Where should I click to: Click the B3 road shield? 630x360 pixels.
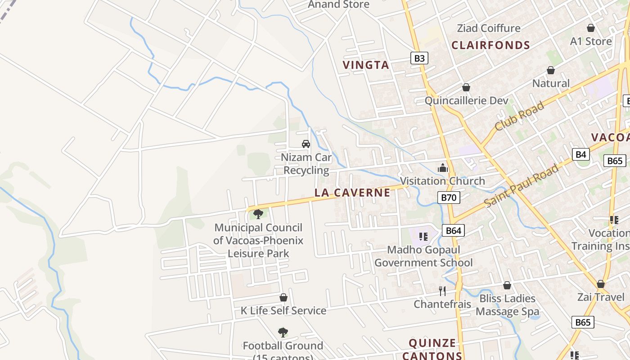pos(419,58)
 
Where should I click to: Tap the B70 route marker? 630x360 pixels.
pos(448,197)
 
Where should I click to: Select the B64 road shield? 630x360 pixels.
pos(453,231)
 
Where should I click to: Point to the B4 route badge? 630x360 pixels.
pos(581,154)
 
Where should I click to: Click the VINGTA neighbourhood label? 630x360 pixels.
pos(366,65)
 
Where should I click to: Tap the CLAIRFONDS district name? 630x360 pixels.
pos(490,45)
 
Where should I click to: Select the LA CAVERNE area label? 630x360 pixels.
pos(352,193)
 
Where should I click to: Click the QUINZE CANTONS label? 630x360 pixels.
pos(432,349)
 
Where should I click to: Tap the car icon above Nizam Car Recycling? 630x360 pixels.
pos(306,144)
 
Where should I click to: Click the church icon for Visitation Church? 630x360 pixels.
pos(443,168)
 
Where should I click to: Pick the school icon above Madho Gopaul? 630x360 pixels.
pos(423,236)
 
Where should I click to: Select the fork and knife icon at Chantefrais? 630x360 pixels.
pos(442,291)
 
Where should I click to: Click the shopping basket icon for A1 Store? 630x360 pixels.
pos(591,28)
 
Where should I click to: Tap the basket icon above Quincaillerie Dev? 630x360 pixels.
pos(466,87)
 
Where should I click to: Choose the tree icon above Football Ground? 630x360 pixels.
pos(283,333)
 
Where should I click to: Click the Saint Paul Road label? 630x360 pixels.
pos(522,186)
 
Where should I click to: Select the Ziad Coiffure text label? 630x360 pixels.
pos(488,28)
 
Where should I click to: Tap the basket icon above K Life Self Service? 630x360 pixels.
pos(283,297)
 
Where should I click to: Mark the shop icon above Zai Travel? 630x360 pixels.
pos(600,284)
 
